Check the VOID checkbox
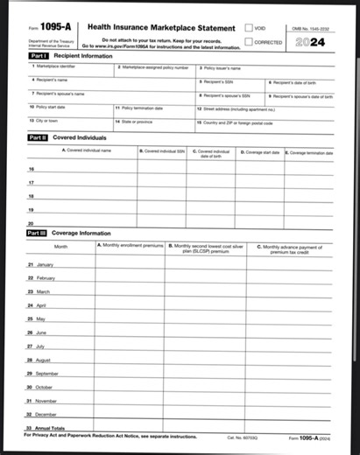[x=249, y=29]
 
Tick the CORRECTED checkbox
[x=249, y=41]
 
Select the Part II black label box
[x=37, y=137]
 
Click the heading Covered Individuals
[x=79, y=137]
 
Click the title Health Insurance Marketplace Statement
[x=163, y=29]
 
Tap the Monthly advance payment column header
[x=289, y=249]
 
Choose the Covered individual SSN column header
[x=162, y=152]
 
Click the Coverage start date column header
[x=260, y=152]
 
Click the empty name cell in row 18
[x=88, y=196]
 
